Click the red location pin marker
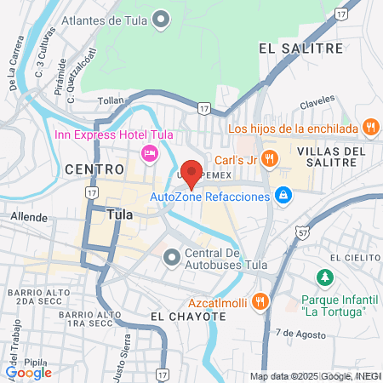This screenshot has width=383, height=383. tap(192, 174)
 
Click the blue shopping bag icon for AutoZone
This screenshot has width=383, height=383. tap(283, 197)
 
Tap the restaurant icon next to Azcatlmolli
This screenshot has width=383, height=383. tap(260, 300)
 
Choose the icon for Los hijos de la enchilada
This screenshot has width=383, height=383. tap(369, 129)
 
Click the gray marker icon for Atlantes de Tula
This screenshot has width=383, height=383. tap(158, 19)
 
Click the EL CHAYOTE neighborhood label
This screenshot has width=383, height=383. tap(188, 316)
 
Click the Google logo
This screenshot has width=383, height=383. tap(28, 371)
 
